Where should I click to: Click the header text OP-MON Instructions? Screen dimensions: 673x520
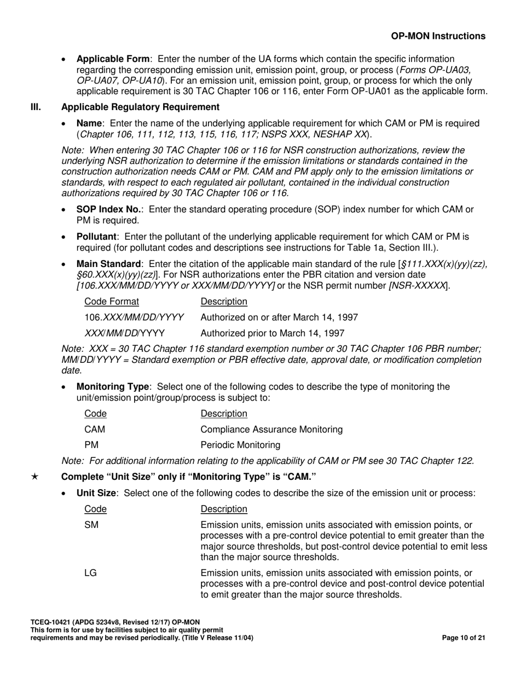[x=438, y=36]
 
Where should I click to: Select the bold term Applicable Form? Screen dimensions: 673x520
[x=113, y=59]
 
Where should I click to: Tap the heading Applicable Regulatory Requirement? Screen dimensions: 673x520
[x=141, y=107]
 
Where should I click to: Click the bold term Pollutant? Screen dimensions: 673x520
[x=96, y=236]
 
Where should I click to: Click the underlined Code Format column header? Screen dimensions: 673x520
[x=112, y=301]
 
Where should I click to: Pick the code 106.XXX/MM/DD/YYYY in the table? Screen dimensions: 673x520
[x=134, y=317]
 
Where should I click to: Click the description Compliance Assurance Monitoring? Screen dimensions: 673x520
[x=272, y=430]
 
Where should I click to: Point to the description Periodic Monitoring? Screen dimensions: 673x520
[x=240, y=445]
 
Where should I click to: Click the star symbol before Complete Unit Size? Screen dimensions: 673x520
[x=34, y=477]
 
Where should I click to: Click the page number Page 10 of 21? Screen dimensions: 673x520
[x=463, y=637]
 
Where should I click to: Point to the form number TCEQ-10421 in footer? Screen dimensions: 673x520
[x=53, y=622]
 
